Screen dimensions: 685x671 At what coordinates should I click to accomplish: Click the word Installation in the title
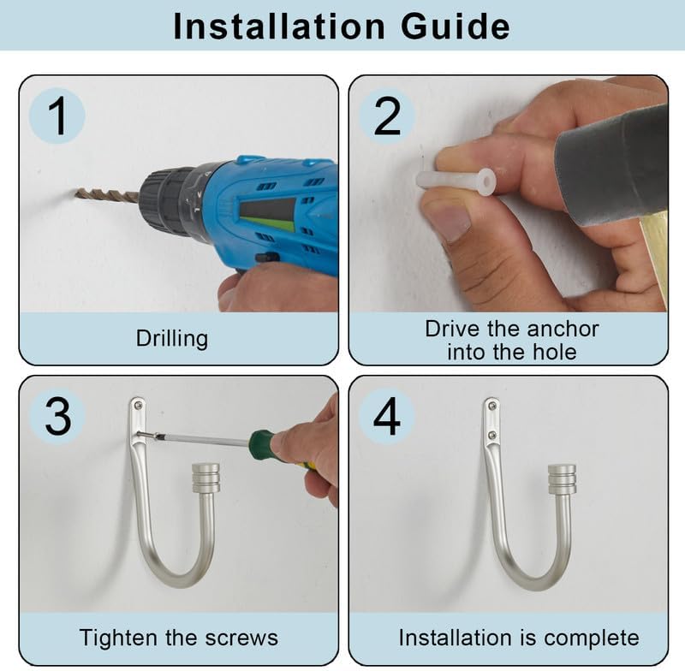[279, 27]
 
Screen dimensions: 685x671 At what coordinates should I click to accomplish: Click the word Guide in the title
[456, 27]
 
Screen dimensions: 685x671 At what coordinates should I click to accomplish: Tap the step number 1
[57, 116]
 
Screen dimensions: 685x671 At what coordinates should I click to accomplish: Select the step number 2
[387, 116]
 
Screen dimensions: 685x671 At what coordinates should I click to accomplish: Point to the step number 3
[57, 416]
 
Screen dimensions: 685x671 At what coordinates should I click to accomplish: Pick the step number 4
[387, 416]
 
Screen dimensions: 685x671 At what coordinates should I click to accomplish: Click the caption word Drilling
[172, 339]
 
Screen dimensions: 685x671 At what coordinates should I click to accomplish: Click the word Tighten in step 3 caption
[119, 638]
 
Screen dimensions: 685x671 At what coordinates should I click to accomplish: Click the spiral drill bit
[108, 195]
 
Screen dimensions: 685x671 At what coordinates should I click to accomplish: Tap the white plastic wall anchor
[456, 180]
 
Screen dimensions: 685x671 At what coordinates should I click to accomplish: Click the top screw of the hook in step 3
[139, 406]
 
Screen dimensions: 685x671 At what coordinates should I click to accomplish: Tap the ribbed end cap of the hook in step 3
[205, 478]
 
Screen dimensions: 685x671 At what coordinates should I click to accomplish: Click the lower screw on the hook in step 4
[491, 435]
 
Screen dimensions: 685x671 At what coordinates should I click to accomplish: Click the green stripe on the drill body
[267, 224]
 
